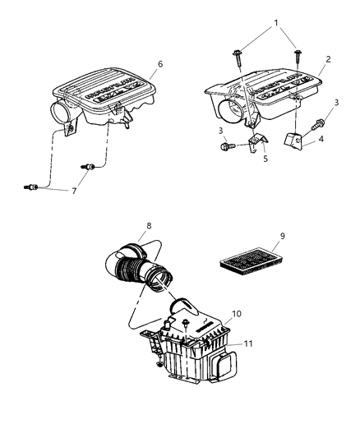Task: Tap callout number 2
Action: click(327, 59)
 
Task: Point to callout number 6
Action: click(161, 63)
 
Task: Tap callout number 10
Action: click(237, 314)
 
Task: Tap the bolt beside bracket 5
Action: click(228, 147)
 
